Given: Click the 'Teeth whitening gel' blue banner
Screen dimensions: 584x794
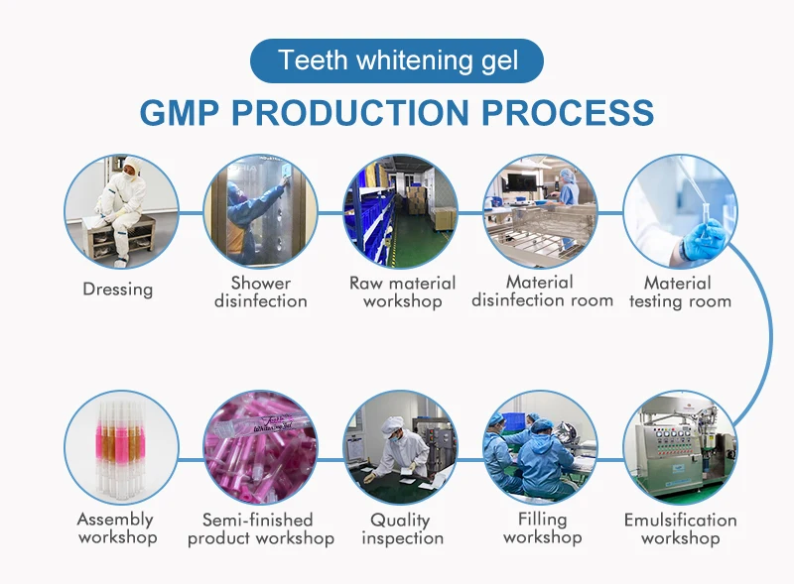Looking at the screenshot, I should click(x=397, y=60).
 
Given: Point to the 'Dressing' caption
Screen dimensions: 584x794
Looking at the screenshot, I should click(x=118, y=290).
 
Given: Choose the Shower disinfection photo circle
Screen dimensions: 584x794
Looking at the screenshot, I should click(x=261, y=211).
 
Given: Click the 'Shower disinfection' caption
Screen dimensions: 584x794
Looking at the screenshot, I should click(x=261, y=292).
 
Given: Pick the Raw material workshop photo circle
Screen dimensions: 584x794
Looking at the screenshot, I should click(x=401, y=211).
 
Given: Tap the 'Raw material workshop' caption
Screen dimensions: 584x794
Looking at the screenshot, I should click(x=402, y=292).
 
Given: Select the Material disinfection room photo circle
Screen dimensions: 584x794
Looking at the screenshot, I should click(x=541, y=211).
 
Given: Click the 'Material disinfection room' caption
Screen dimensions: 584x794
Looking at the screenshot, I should click(x=542, y=292).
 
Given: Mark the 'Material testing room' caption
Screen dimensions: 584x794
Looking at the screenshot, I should click(x=680, y=292).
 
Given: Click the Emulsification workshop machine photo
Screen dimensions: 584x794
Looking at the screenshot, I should click(x=680, y=447).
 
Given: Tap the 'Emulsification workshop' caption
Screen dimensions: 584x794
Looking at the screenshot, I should click(x=680, y=528).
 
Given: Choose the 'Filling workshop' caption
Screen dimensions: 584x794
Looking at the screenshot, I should click(x=542, y=528).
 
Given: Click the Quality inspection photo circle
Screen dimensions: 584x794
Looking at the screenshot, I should click(x=401, y=447).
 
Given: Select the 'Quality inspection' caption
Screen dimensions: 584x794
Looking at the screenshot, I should click(x=401, y=528).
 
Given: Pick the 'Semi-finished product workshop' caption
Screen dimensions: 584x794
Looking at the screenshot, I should click(x=261, y=528).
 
